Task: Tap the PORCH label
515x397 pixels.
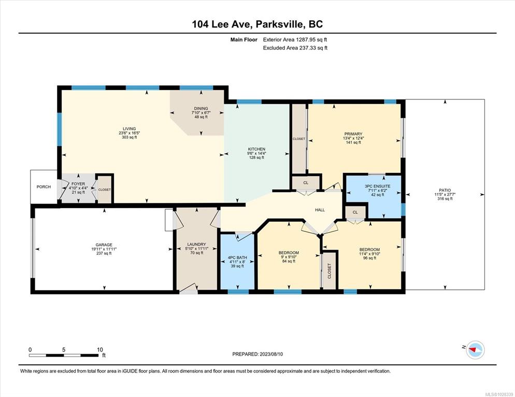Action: coord(44,187)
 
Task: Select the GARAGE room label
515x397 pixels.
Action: coord(104,245)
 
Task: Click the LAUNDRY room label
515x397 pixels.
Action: coord(196,244)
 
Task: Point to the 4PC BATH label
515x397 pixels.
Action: coord(237,258)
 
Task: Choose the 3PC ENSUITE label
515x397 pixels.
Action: coord(377,186)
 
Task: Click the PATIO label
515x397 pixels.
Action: coord(445,190)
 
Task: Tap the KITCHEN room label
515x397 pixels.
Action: coord(256,149)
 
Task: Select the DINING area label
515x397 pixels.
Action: coord(201,108)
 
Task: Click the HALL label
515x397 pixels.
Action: coord(320,210)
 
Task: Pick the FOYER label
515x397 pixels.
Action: coord(78,184)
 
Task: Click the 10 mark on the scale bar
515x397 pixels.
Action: coord(100,350)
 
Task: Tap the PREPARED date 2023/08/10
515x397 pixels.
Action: coord(271,354)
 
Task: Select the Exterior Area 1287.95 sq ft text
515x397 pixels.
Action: coord(295,40)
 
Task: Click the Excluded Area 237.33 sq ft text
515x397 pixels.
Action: coord(295,48)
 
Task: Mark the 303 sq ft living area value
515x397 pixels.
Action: coord(130,137)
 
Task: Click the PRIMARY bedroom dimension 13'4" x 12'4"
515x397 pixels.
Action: coord(353,138)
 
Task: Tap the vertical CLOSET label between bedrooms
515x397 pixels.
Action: coord(330,271)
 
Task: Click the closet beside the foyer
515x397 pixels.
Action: coord(105,189)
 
